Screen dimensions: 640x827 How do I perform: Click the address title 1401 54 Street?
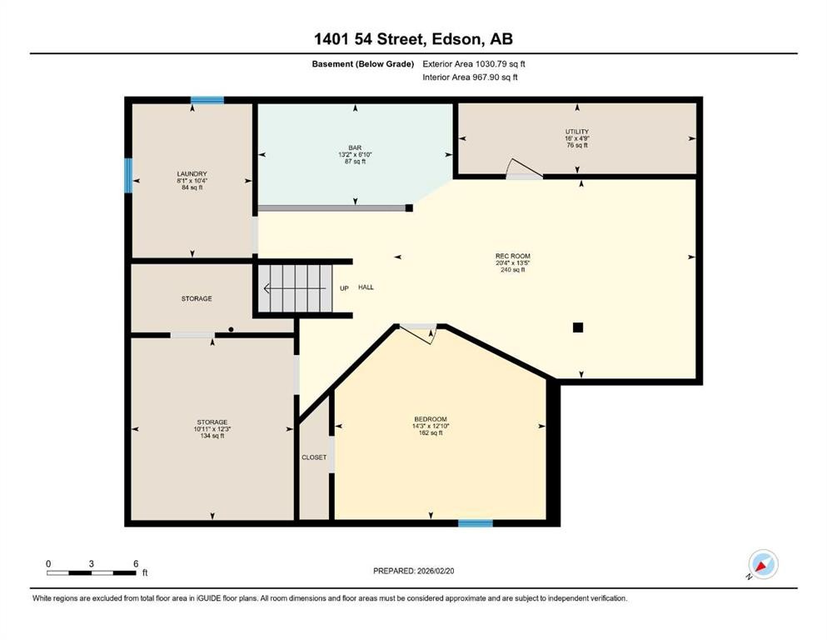click(413, 39)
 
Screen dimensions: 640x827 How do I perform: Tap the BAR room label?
click(355, 147)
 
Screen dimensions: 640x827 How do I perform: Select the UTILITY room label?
click(577, 132)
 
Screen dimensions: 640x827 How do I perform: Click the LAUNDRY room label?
click(192, 173)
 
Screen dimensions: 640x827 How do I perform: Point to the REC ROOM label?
click(512, 256)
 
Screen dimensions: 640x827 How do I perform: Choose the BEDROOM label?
click(431, 418)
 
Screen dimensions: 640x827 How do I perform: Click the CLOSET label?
click(314, 457)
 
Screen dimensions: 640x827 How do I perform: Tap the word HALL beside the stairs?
click(366, 287)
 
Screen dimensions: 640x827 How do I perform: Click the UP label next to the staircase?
click(344, 287)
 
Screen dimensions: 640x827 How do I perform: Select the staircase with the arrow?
click(295, 289)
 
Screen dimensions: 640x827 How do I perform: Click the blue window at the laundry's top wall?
click(207, 100)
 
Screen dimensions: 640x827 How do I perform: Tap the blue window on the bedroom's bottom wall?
click(475, 523)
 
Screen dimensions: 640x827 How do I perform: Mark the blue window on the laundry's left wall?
click(128, 175)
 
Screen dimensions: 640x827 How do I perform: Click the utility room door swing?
click(524, 169)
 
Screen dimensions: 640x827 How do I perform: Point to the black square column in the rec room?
click(578, 327)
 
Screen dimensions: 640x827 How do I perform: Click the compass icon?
click(762, 564)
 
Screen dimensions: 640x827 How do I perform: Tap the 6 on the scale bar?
click(136, 563)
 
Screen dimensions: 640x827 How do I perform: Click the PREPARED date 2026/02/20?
click(413, 571)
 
